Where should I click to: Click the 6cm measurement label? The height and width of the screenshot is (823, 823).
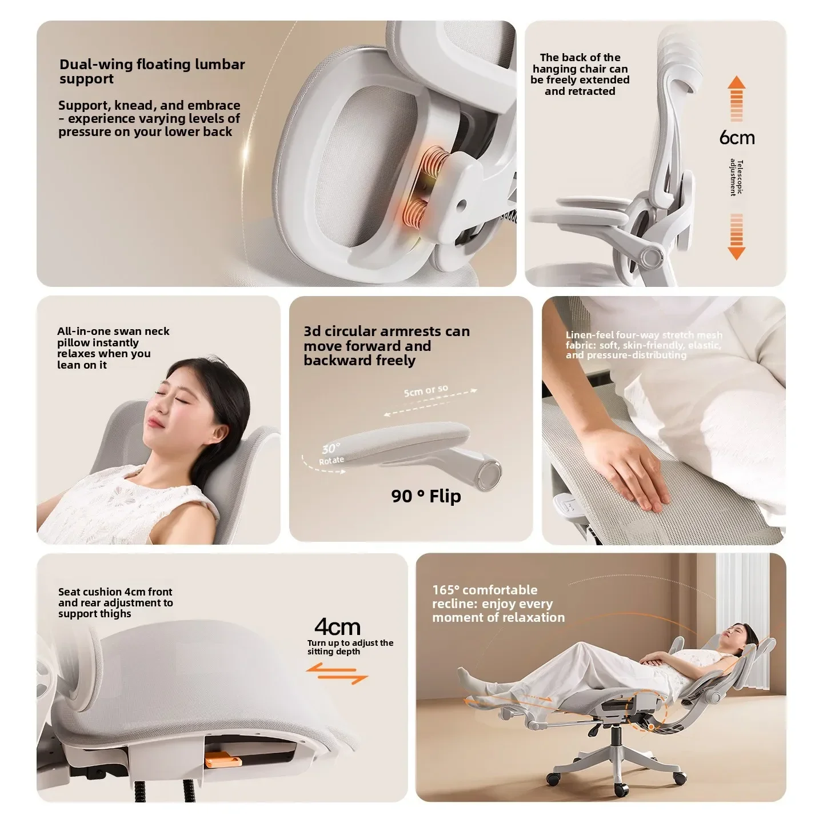pyautogui.click(x=737, y=138)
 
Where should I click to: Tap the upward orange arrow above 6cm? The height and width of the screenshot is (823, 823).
pyautogui.click(x=737, y=99)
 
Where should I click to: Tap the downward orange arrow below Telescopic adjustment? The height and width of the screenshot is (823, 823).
pyautogui.click(x=737, y=237)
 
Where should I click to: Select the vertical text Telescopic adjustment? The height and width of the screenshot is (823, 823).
pyautogui.click(x=736, y=178)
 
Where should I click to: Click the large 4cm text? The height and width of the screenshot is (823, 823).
pyautogui.click(x=337, y=627)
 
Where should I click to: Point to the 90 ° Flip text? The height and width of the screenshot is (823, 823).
pyautogui.click(x=426, y=496)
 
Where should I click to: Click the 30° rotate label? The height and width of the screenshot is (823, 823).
pyautogui.click(x=331, y=453)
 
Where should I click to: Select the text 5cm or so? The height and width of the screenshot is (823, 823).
pyautogui.click(x=426, y=390)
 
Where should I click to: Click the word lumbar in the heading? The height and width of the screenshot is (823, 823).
pyautogui.click(x=219, y=64)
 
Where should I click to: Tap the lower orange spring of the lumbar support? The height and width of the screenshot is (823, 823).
pyautogui.click(x=415, y=214)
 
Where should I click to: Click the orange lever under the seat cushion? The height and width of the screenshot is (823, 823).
pyautogui.click(x=223, y=761)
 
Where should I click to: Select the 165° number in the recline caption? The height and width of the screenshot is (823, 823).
pyautogui.click(x=446, y=590)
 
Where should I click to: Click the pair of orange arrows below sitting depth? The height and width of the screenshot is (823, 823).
pyautogui.click(x=337, y=673)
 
